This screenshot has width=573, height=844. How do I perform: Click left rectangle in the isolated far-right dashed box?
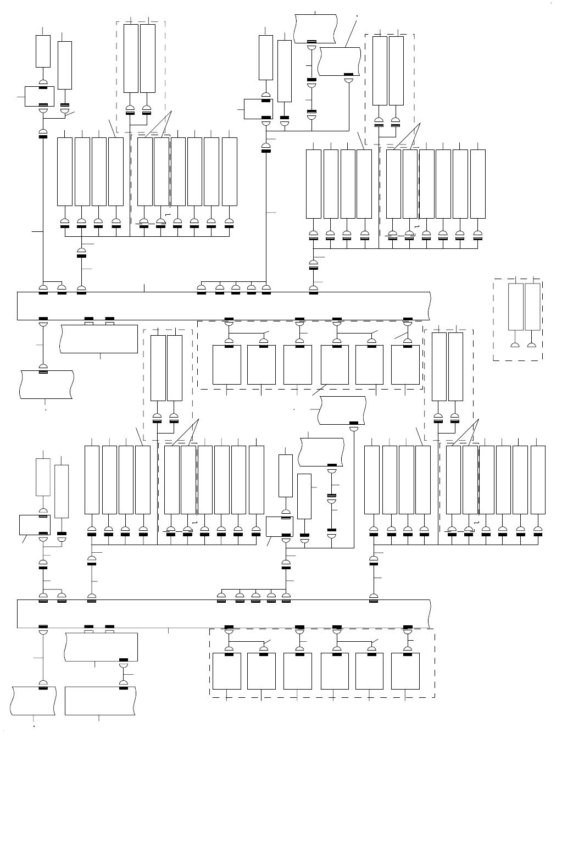pos(516,307)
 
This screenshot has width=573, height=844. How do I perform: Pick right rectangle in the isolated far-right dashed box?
pos(532,307)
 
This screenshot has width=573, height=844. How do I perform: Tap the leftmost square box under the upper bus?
pos(227,365)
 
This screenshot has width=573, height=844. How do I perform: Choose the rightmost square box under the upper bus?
pos(405,365)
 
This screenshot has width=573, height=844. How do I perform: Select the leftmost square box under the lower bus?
pos(227,671)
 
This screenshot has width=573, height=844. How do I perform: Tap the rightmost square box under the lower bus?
pos(405,671)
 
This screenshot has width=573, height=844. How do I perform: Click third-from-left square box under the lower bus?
pos(298,671)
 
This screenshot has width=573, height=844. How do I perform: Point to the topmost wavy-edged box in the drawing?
pos(315,27)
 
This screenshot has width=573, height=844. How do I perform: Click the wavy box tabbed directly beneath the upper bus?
pos(99,338)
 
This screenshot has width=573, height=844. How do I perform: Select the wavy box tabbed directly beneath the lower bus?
pos(101,647)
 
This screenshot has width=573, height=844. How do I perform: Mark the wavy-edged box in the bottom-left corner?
pos(34,701)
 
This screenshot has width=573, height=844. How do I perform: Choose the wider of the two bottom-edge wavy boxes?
pos(100,701)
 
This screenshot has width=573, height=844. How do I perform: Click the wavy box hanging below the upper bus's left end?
pos(46,384)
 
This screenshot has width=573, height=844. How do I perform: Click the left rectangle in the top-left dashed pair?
pos(131,58)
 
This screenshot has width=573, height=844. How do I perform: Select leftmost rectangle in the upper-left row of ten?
pos(65,171)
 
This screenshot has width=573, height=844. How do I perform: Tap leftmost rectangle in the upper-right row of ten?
pos(313,184)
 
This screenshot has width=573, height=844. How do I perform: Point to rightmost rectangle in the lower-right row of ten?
pos(538,480)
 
